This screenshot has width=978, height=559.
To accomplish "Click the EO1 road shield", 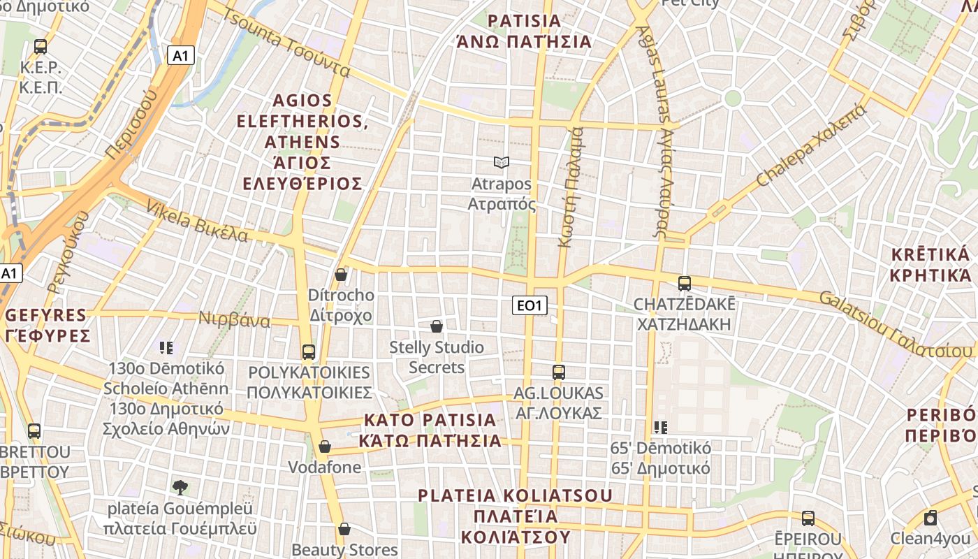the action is (530, 305).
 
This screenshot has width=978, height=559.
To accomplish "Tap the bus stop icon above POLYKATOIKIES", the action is (308, 351).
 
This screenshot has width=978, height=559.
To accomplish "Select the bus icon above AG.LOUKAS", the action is (558, 372).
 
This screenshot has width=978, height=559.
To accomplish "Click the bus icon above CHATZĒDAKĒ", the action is (684, 283).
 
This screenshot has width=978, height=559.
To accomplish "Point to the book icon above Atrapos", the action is (501, 163).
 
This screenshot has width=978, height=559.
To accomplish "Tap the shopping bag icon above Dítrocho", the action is (341, 275).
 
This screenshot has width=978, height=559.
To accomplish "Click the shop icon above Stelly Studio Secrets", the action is (437, 326).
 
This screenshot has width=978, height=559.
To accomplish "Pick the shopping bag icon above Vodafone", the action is (325, 447).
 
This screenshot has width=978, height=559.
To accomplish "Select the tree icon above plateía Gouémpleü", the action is (180, 487).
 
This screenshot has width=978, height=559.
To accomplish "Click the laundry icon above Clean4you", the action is (930, 518).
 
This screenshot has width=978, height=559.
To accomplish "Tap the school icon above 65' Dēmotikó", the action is (660, 427).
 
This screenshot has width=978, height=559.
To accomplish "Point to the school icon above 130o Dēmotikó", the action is (166, 347).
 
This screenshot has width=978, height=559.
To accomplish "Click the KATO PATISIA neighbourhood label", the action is (430, 430).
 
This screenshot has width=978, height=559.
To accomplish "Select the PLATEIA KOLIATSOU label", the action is (515, 516).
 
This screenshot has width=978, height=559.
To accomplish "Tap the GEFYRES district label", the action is (46, 325).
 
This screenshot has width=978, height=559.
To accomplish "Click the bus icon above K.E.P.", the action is (41, 47).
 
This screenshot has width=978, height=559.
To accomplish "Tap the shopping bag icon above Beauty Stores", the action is (344, 529).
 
